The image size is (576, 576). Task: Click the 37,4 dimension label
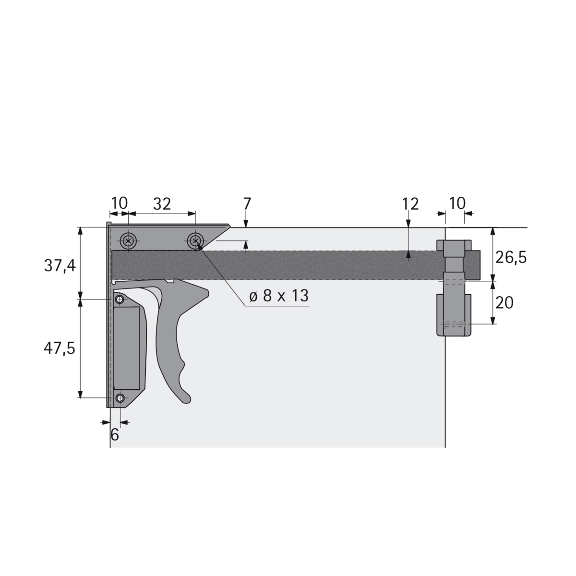60,265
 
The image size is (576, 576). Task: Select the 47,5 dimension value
60,348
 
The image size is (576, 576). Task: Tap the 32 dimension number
162,204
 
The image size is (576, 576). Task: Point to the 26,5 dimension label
511,257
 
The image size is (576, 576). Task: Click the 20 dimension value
504,303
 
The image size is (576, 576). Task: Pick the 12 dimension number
410,204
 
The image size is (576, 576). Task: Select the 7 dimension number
247,204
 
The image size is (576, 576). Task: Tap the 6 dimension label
115,434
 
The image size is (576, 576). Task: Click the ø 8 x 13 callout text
278,296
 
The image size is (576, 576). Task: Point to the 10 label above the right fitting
457,203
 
